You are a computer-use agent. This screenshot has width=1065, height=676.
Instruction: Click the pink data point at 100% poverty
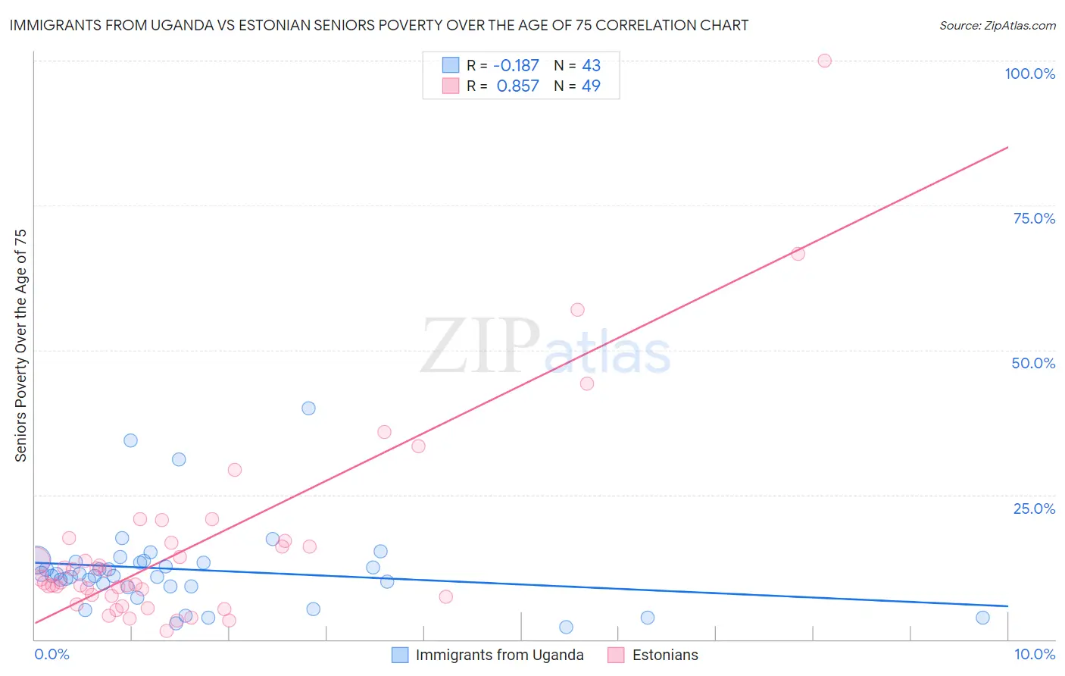tap(824, 61)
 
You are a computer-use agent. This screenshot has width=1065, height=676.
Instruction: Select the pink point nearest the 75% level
tap(798, 254)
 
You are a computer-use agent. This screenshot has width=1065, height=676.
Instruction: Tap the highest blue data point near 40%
tap(308, 408)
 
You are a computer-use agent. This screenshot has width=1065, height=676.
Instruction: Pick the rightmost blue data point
tap(982, 618)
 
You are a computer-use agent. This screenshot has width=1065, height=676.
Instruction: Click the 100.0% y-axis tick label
tap(1029, 74)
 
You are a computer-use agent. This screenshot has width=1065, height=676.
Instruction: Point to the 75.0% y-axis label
tap(1034, 218)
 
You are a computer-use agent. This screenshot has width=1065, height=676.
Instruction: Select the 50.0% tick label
tap(1033, 363)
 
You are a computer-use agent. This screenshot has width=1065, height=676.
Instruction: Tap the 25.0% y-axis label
tap(1034, 509)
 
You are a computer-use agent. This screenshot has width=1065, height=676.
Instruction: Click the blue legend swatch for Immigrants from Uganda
tap(400, 655)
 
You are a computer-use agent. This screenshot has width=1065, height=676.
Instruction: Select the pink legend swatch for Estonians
tap(616, 655)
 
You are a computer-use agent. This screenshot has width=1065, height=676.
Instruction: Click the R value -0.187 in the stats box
tap(516, 66)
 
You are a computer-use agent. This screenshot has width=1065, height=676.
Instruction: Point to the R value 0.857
tap(517, 86)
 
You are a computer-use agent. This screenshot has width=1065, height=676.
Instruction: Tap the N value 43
tap(591, 66)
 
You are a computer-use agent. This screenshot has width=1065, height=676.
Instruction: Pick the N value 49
tap(591, 86)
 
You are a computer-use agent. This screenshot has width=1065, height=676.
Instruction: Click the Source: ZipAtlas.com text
tap(997, 26)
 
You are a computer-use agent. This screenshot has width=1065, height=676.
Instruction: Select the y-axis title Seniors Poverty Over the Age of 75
tap(21, 345)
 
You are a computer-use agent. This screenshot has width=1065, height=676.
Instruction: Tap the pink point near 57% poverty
tap(577, 309)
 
